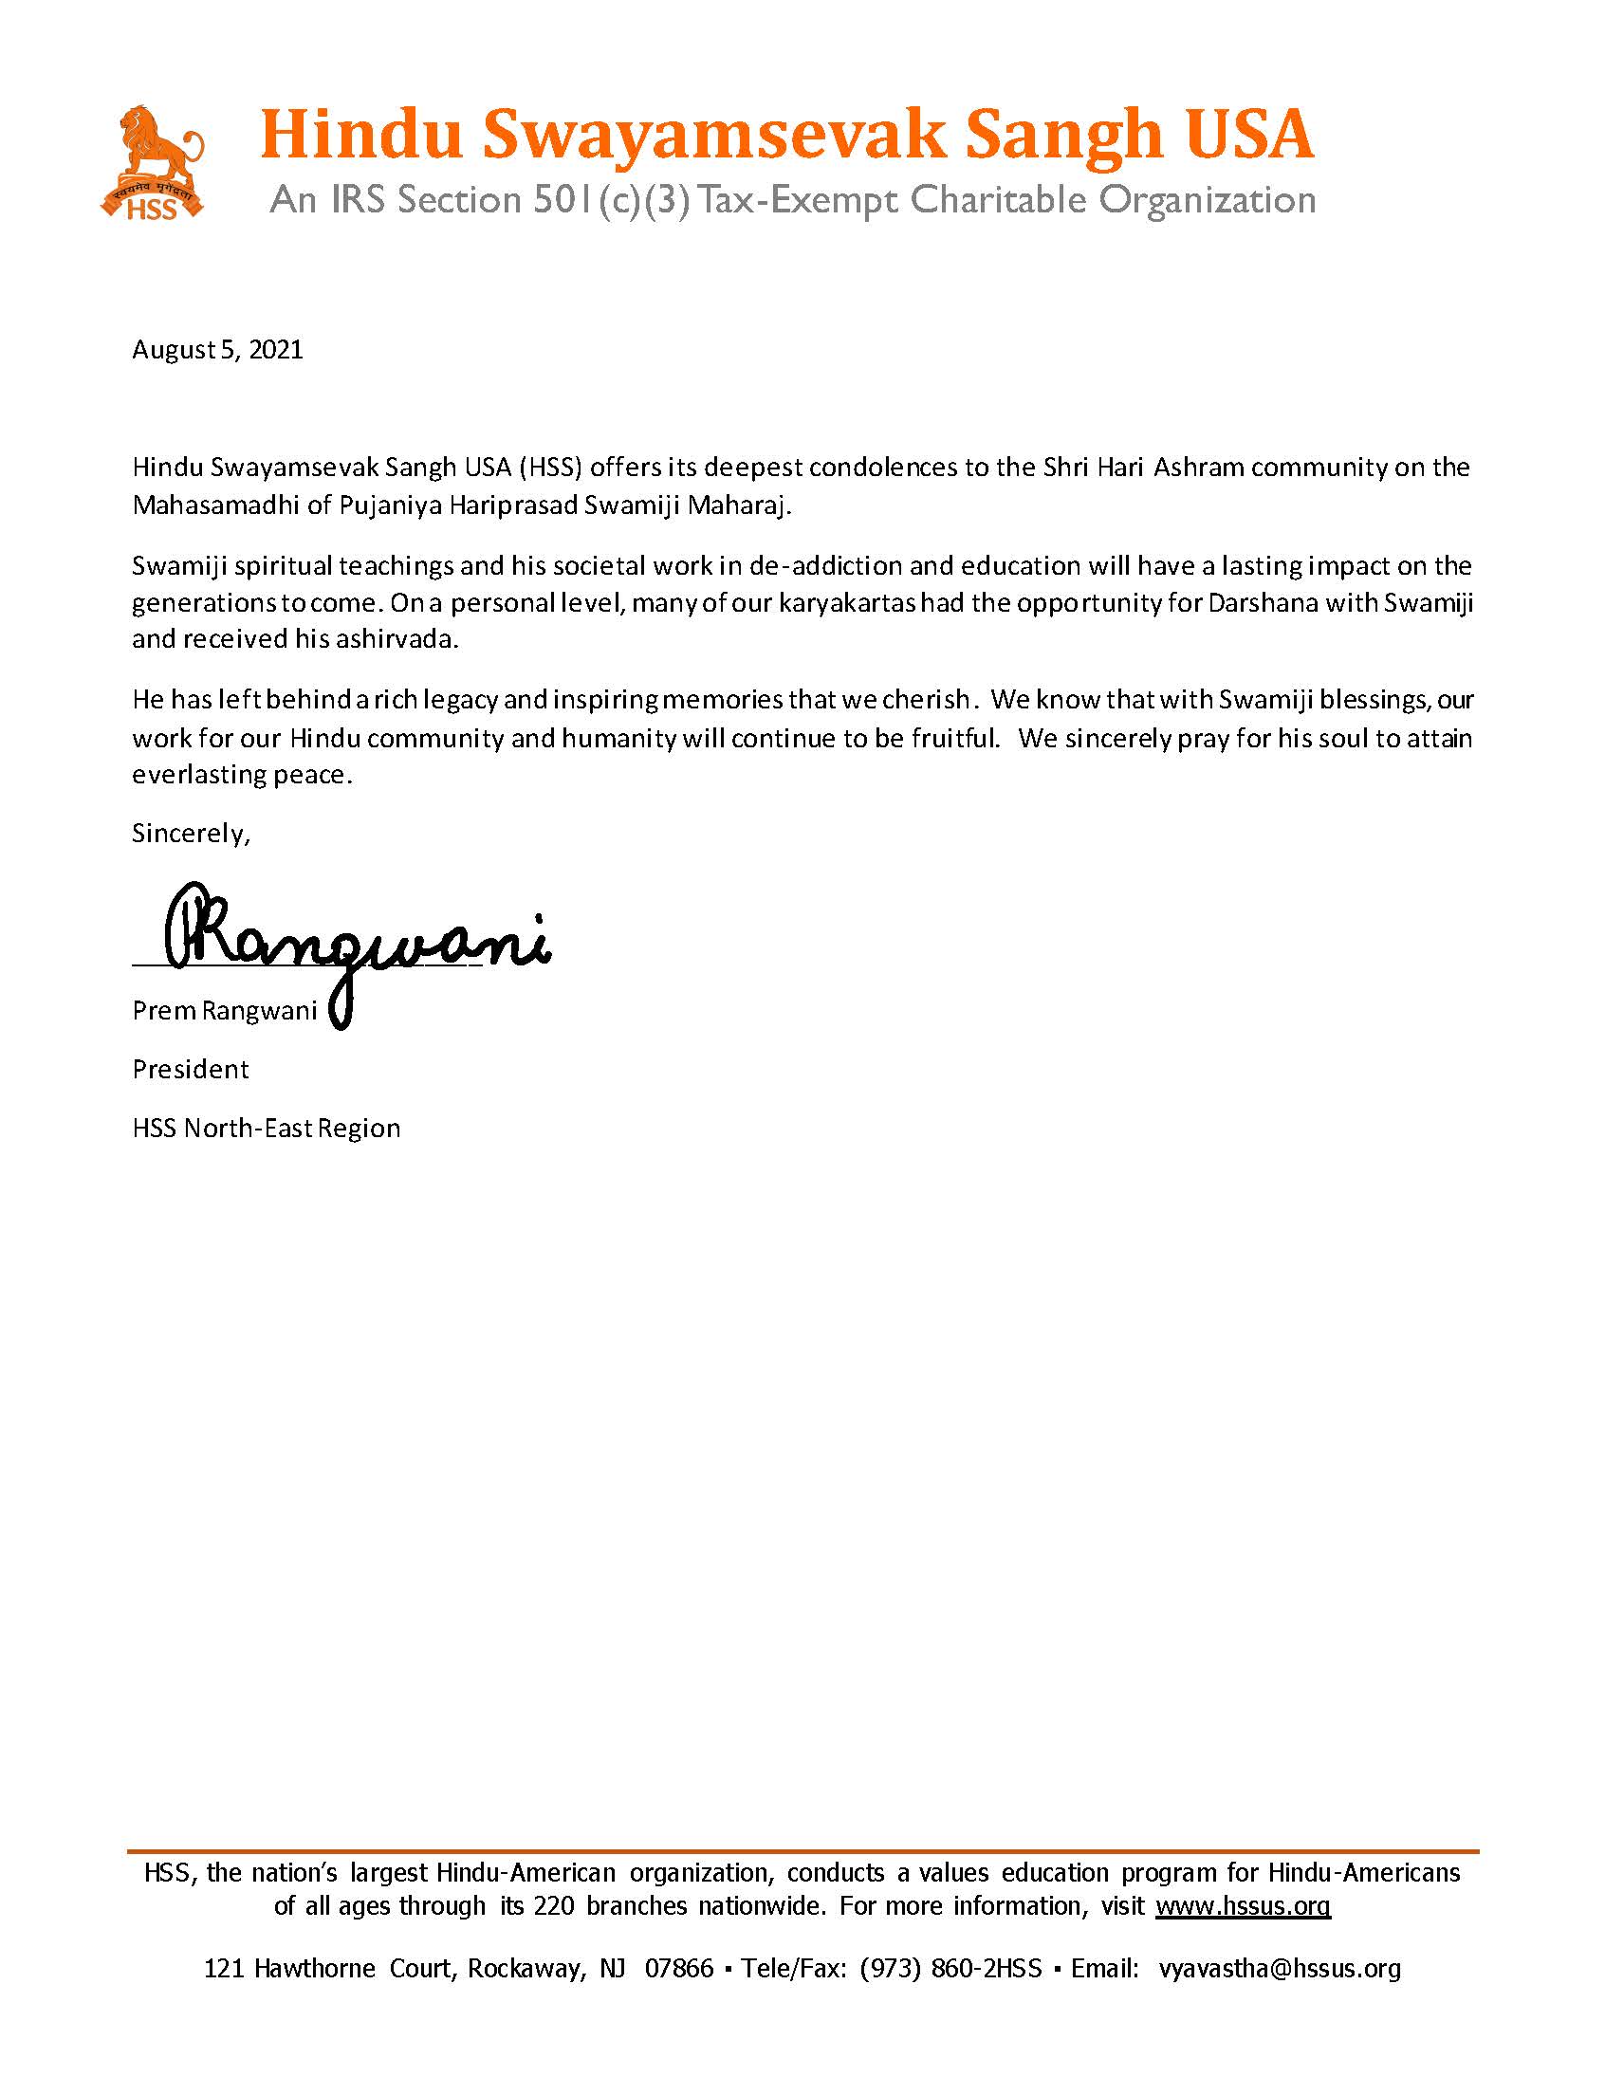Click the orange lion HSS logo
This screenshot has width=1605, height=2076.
click(x=152, y=162)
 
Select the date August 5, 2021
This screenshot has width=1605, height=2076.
click(x=217, y=350)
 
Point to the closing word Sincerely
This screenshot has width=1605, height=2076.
click(x=190, y=834)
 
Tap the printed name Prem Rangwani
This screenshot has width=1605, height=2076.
click(x=225, y=1010)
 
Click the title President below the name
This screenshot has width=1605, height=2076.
click(x=190, y=1070)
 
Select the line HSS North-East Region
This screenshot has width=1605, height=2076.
click(x=267, y=1129)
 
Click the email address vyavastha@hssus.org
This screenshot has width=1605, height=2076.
click(x=1279, y=1969)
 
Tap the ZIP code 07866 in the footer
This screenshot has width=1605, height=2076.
click(x=679, y=1969)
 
